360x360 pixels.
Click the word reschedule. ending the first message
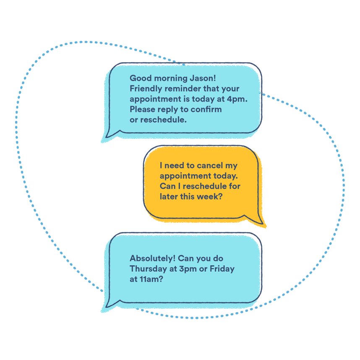click(x=165, y=120)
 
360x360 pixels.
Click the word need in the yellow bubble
click(x=175, y=165)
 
